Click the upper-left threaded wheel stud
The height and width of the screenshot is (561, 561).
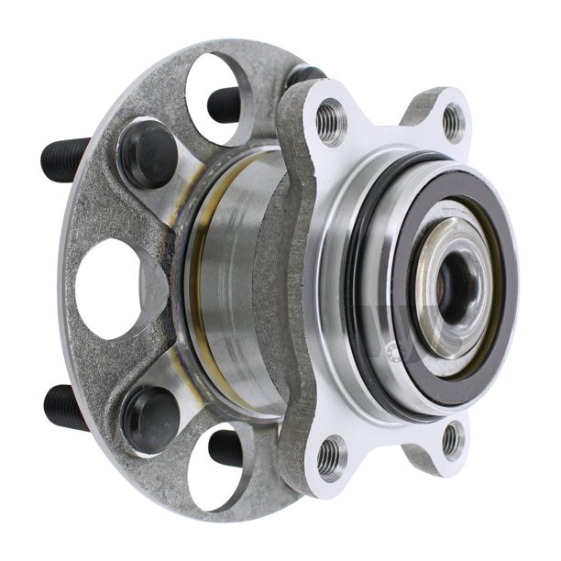coord(64,159)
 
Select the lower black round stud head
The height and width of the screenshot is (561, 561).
coord(149,417)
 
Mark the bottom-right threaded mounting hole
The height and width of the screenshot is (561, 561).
coord(452,439)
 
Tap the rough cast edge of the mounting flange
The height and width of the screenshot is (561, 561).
coord(291,275)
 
